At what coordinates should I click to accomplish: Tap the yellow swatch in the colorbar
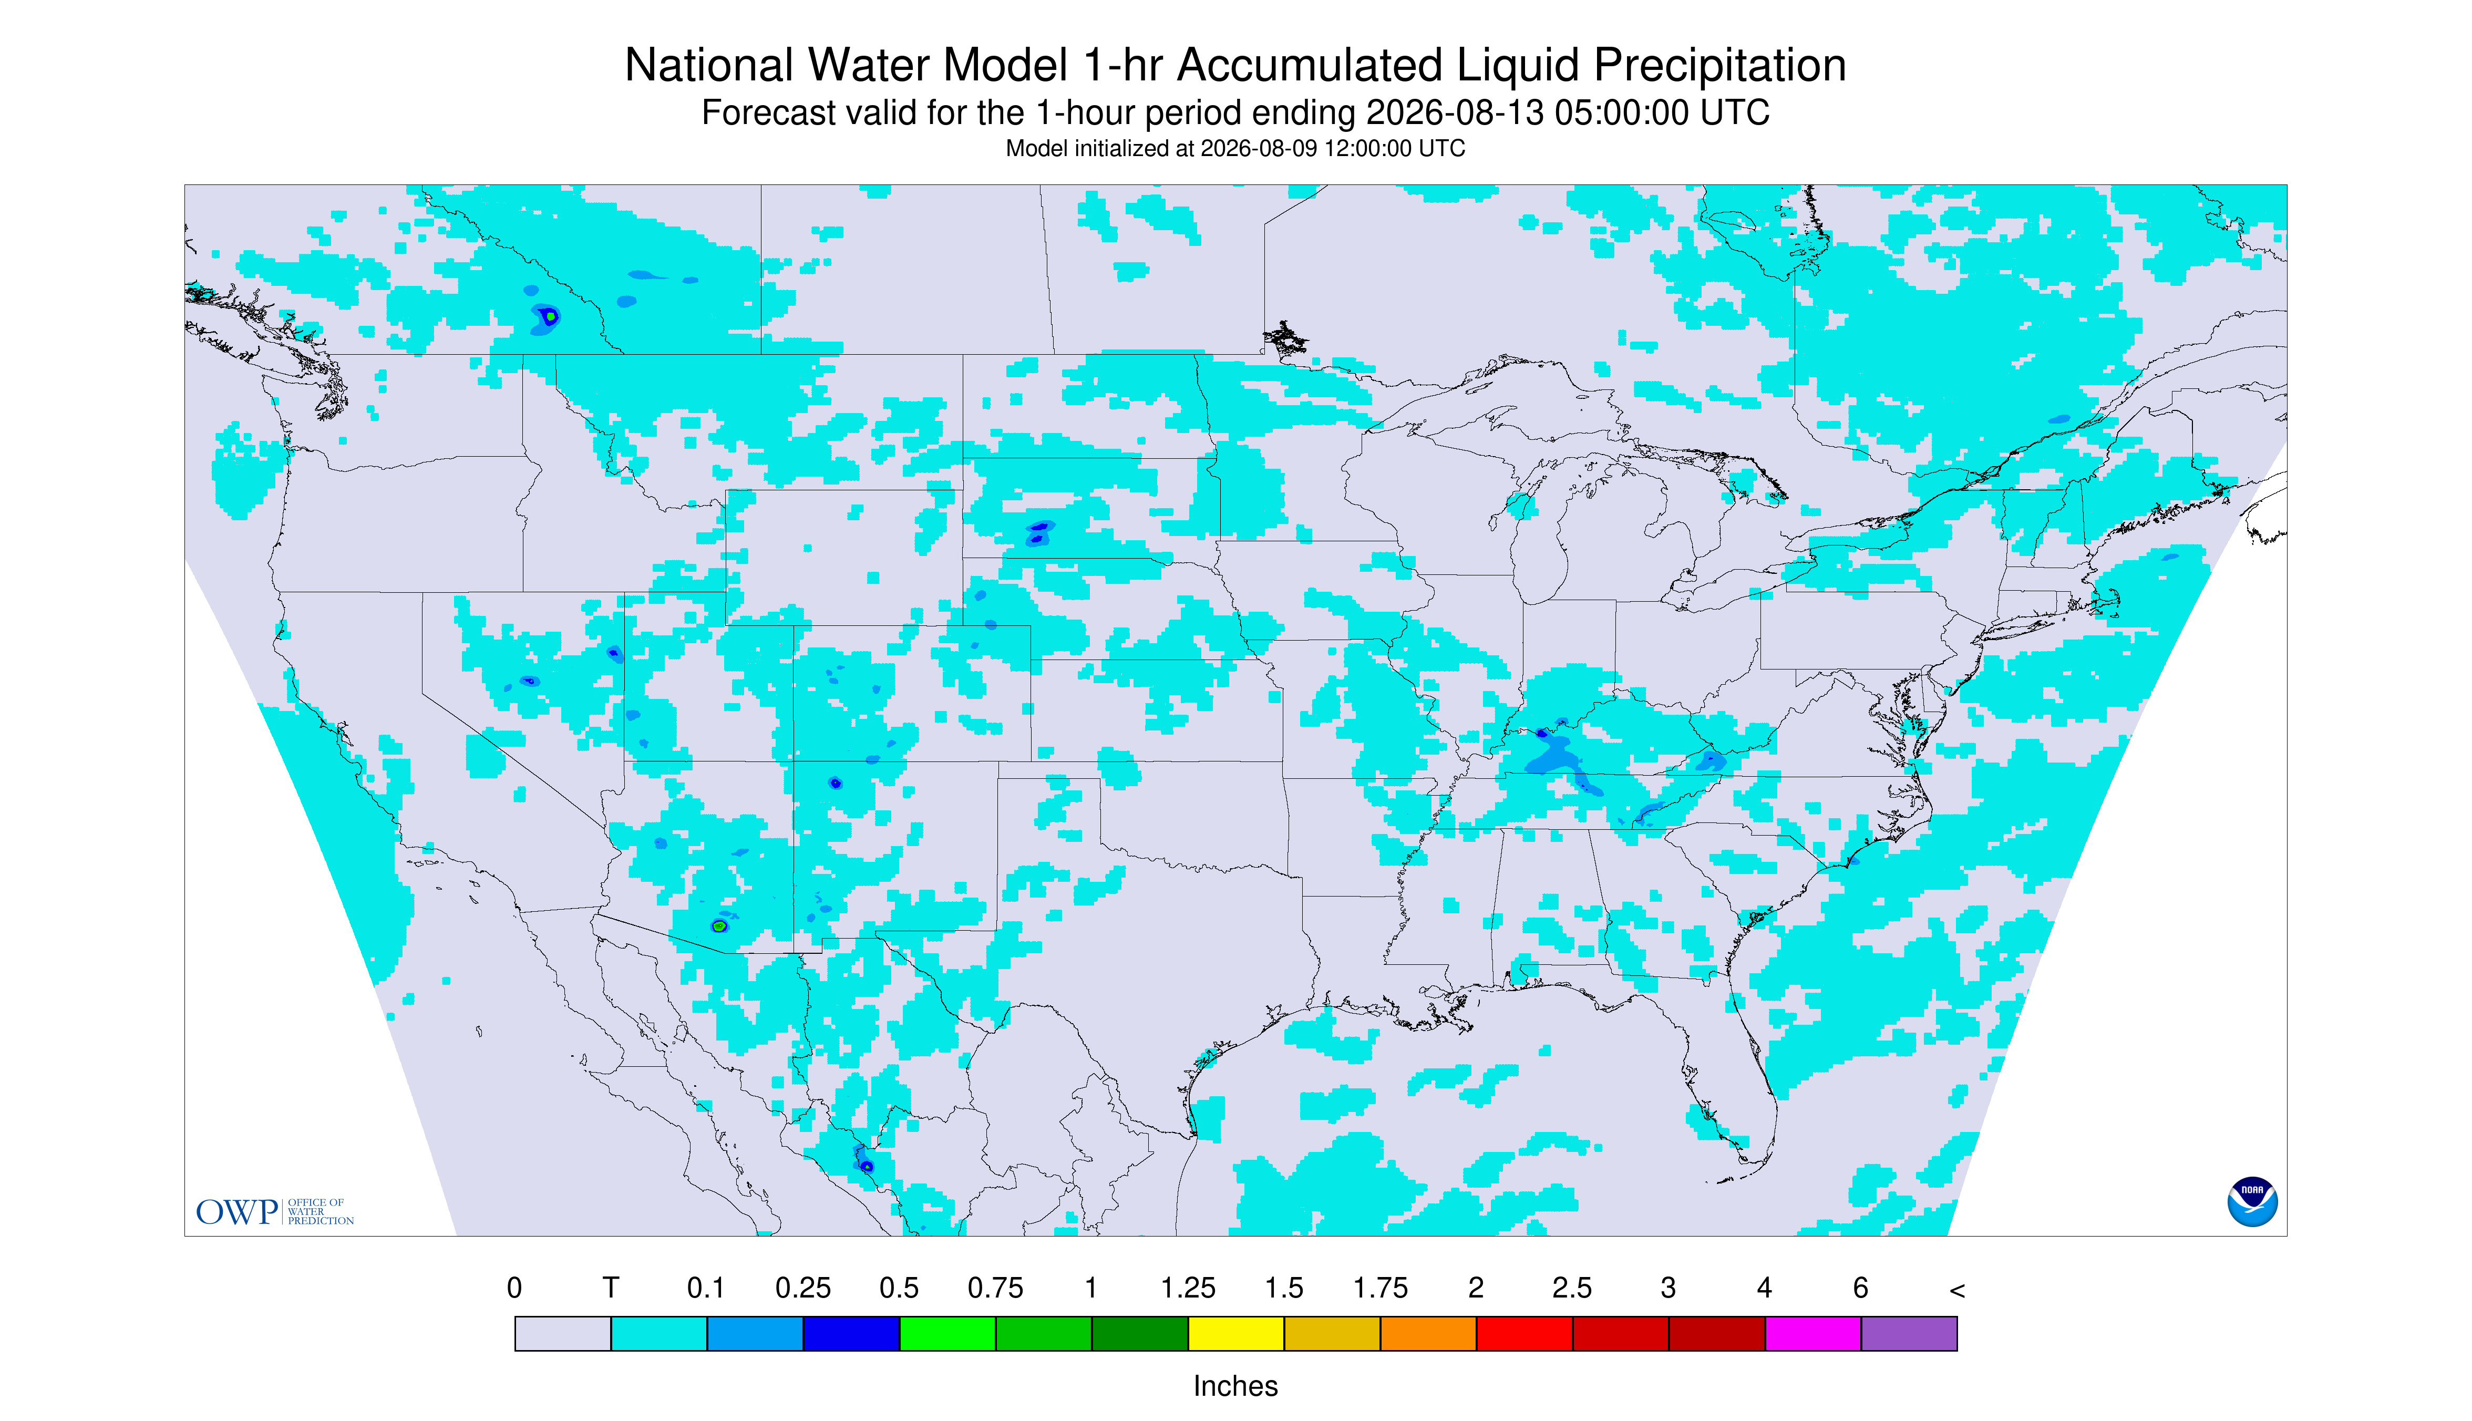(x=1235, y=1333)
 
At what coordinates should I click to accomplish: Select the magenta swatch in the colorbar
(x=1813, y=1333)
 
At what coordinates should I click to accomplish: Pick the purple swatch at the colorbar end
(x=1909, y=1333)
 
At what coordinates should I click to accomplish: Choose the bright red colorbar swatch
(x=1525, y=1333)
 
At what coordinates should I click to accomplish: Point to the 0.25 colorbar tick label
(x=803, y=1288)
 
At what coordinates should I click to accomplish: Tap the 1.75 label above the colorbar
(x=1380, y=1288)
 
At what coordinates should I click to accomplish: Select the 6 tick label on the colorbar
(x=1861, y=1288)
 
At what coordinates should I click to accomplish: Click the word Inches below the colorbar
(x=1235, y=1386)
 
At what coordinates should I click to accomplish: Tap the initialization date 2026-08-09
(x=1259, y=148)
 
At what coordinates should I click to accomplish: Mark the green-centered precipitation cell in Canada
(x=550, y=316)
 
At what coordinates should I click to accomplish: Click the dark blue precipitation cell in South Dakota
(x=1037, y=532)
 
